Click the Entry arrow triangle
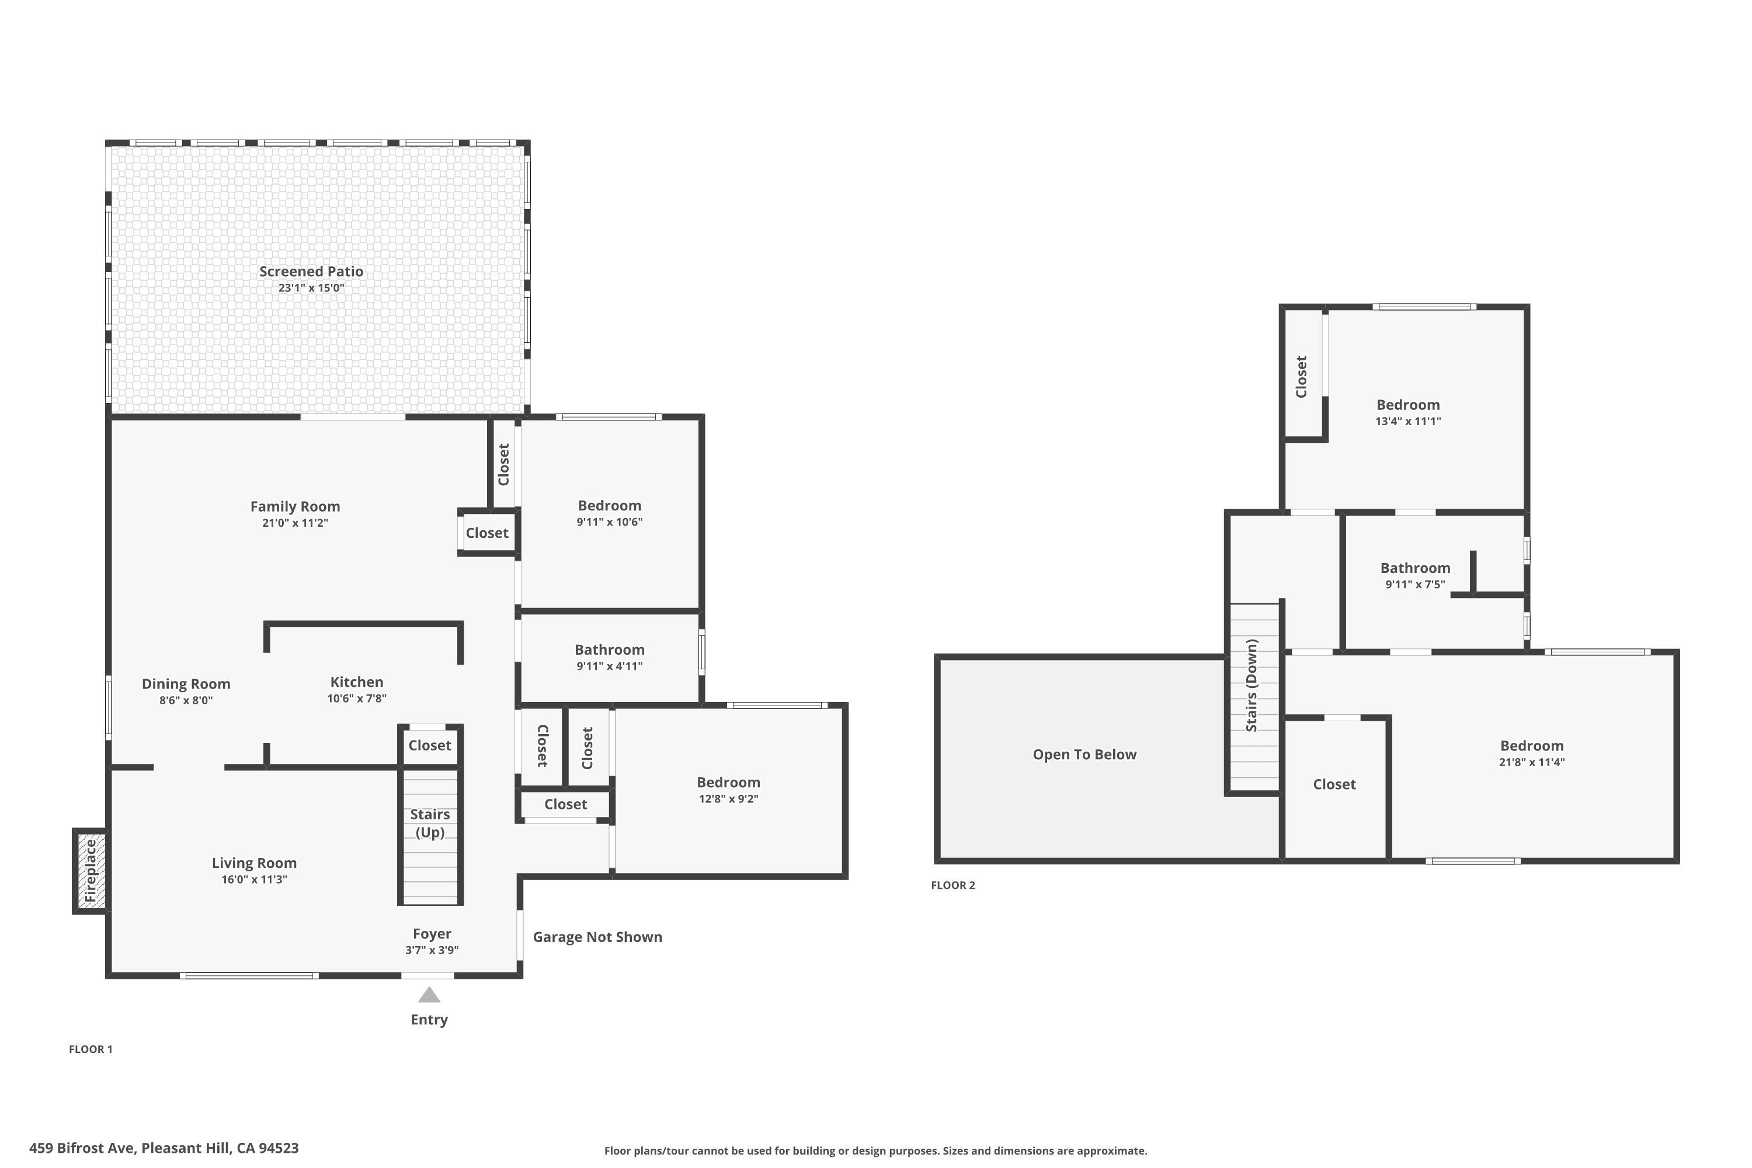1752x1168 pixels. click(429, 995)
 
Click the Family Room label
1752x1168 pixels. click(295, 506)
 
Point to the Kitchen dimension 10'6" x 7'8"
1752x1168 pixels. click(357, 698)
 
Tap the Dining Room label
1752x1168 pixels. click(186, 684)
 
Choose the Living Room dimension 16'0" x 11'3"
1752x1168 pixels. click(254, 880)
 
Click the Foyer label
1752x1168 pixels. click(432, 934)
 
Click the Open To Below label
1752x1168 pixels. click(1084, 755)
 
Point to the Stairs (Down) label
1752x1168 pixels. click(1252, 685)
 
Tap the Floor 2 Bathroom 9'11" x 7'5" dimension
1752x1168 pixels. click(1415, 585)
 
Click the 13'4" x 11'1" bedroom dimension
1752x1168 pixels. click(1408, 422)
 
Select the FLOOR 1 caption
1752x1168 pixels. click(91, 1049)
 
